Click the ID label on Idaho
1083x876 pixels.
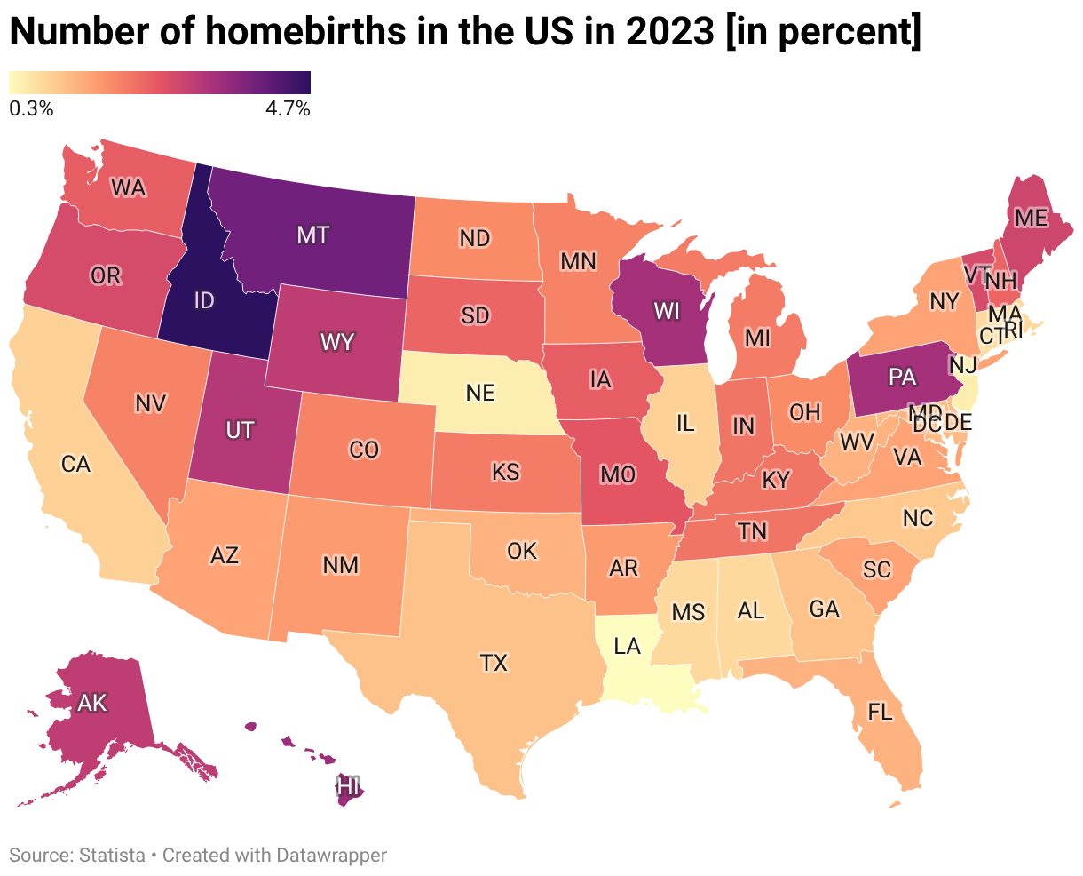coord(204,300)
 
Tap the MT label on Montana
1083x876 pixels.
coord(312,235)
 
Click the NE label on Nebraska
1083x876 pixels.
coord(480,393)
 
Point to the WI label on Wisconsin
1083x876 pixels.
coord(666,311)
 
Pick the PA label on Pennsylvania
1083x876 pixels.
coord(902,377)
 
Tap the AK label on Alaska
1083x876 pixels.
coord(92,703)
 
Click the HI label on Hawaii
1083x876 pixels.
coord(348,786)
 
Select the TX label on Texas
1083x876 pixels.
coord(494,663)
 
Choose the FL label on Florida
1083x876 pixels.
coord(880,712)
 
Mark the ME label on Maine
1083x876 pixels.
coord(1032,218)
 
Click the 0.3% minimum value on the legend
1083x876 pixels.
coord(31,108)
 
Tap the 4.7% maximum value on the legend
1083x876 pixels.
coord(288,108)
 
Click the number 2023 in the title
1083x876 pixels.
coord(669,31)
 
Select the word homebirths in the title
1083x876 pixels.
coord(305,31)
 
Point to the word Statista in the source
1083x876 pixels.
coord(112,856)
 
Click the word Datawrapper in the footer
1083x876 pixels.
coord(330,856)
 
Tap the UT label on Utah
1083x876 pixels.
coord(240,430)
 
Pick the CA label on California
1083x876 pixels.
coord(75,464)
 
